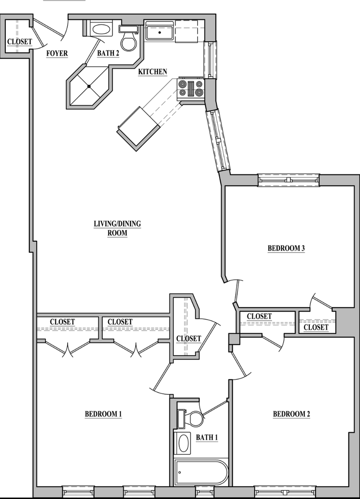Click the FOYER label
click(x=57, y=53)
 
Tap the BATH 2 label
click(x=108, y=53)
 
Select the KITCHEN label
click(x=152, y=72)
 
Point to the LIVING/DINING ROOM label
click(x=117, y=228)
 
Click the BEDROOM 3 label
click(x=286, y=248)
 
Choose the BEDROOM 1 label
click(x=103, y=414)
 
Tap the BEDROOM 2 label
click(x=291, y=414)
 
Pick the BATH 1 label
click(x=207, y=438)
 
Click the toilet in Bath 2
click(x=129, y=38)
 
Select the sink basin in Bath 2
click(x=101, y=30)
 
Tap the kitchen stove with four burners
click(x=191, y=89)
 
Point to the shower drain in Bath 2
click(x=89, y=86)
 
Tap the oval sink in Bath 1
click(x=183, y=442)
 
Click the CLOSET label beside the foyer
click(x=19, y=42)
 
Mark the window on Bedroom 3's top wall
click(x=288, y=180)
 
